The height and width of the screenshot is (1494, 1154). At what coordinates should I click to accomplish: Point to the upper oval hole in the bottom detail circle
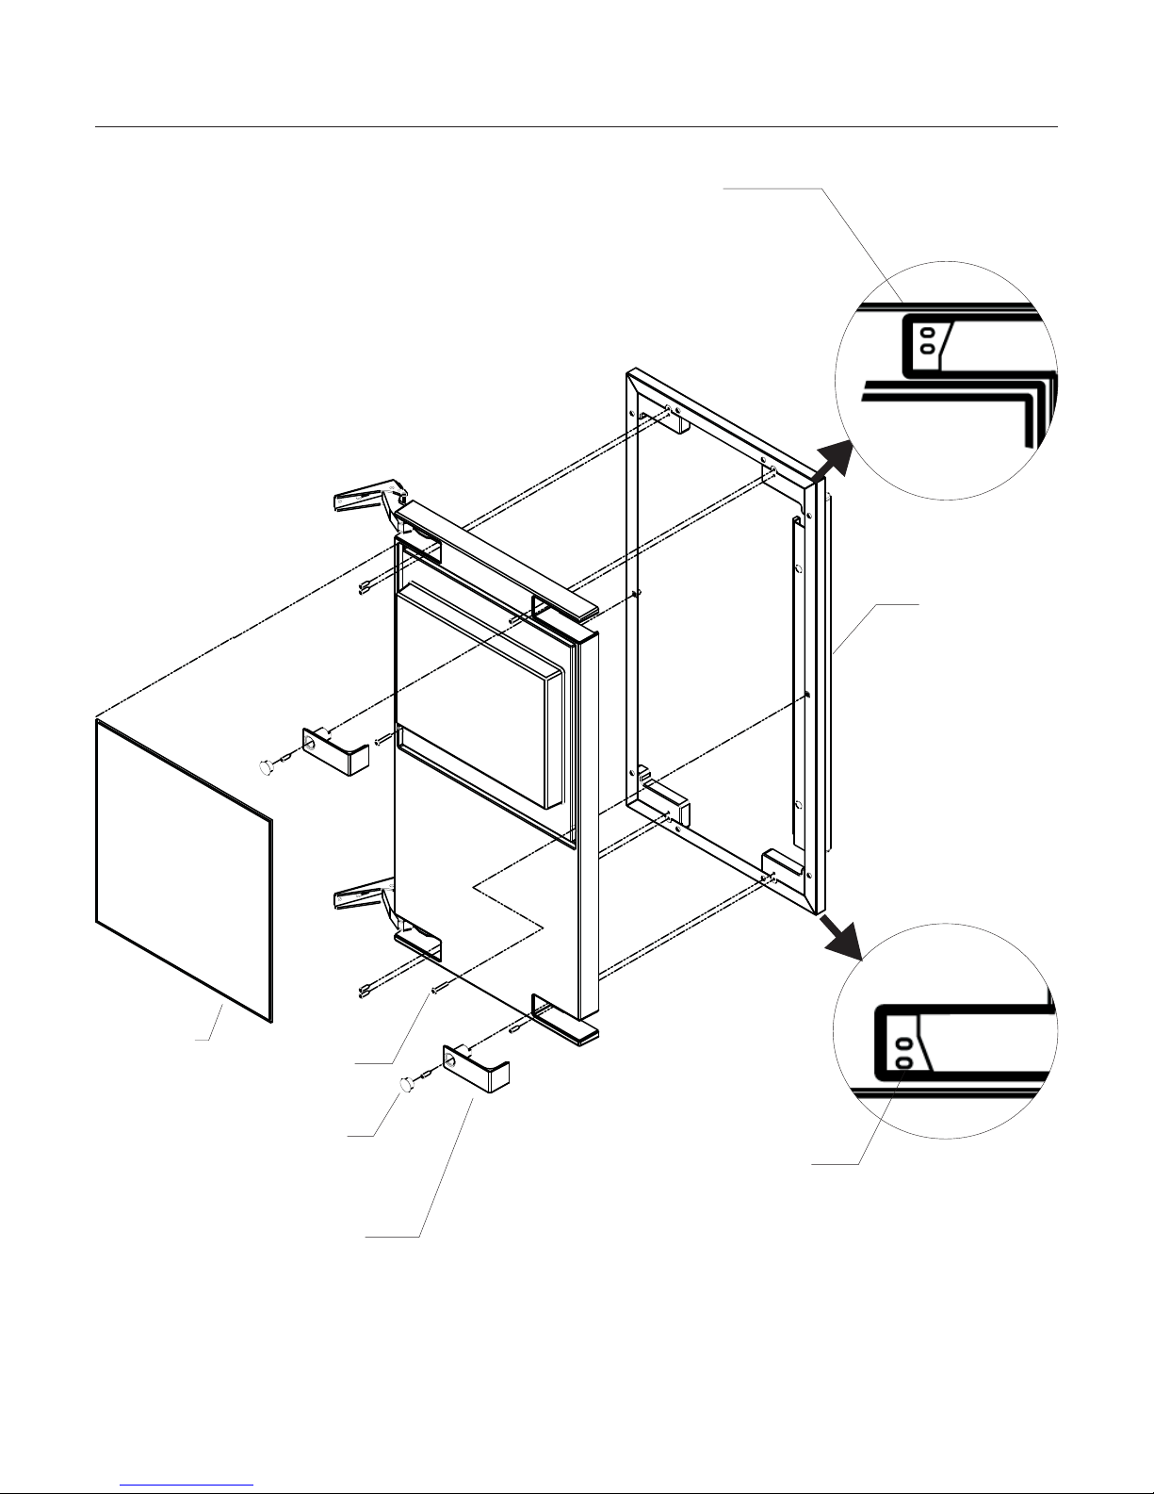coord(904,1044)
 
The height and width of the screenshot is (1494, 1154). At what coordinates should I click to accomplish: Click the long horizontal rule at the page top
coord(577,126)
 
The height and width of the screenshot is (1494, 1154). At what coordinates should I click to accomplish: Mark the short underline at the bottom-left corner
coord(188,1485)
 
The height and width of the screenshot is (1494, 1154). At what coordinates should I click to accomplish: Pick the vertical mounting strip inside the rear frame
coord(798,679)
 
